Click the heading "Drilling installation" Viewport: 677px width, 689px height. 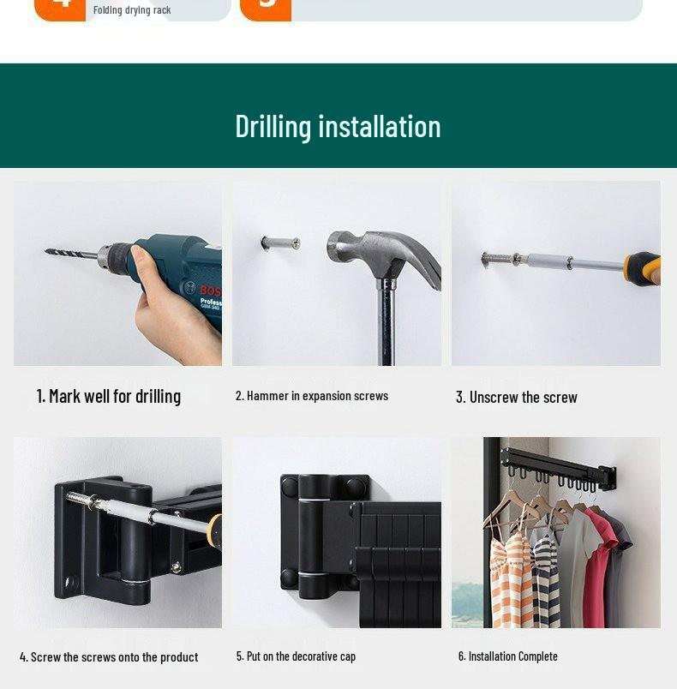point(338,126)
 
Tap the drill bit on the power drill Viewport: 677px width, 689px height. point(72,254)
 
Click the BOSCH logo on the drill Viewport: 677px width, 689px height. point(210,291)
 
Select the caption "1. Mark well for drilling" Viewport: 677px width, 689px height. point(109,396)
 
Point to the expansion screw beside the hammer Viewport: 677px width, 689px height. point(281,243)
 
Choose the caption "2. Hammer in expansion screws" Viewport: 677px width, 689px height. point(312,396)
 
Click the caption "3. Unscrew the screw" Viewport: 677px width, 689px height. point(516,397)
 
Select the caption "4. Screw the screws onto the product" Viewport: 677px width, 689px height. point(109,657)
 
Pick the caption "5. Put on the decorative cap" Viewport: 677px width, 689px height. point(296,656)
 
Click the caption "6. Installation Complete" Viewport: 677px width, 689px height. point(507,656)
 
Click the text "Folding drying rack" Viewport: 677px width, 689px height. point(132,10)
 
